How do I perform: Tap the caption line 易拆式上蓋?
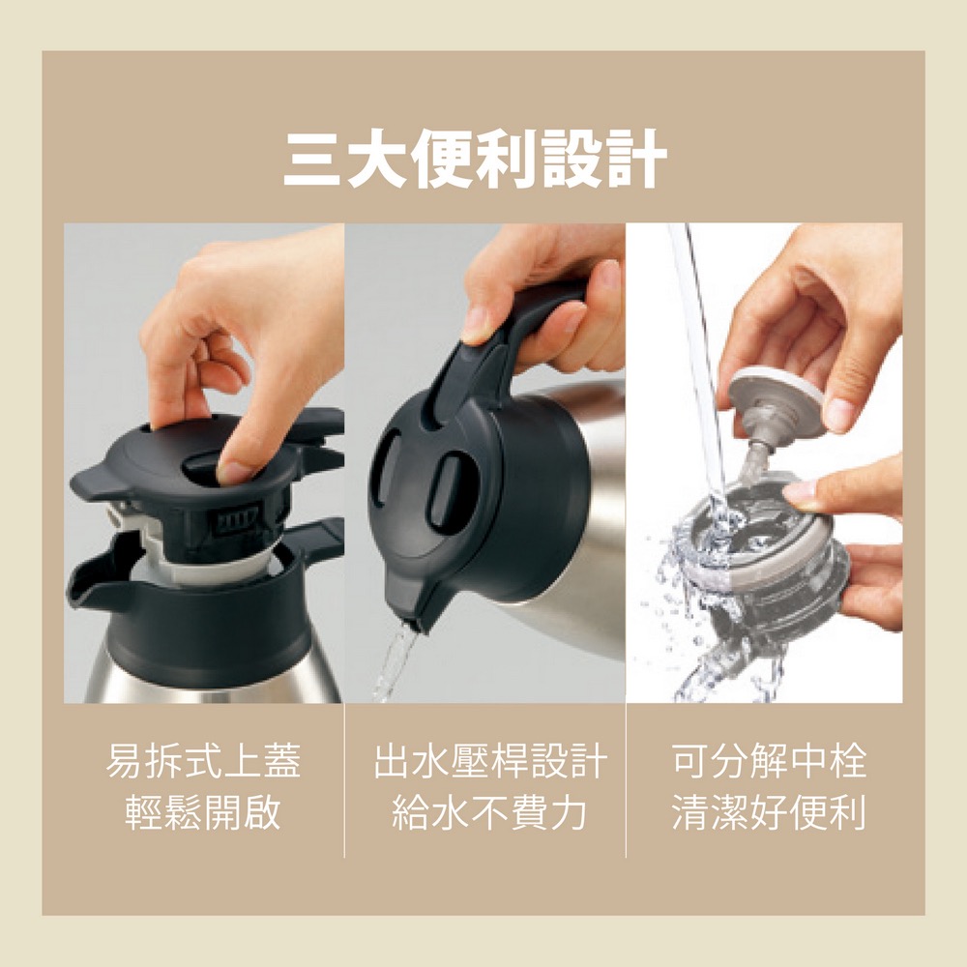[202, 762]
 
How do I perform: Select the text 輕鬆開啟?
[202, 813]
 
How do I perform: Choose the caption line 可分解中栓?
[770, 762]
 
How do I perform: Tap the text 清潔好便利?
[770, 813]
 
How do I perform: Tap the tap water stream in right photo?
[701, 367]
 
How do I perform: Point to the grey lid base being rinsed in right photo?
[764, 571]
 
